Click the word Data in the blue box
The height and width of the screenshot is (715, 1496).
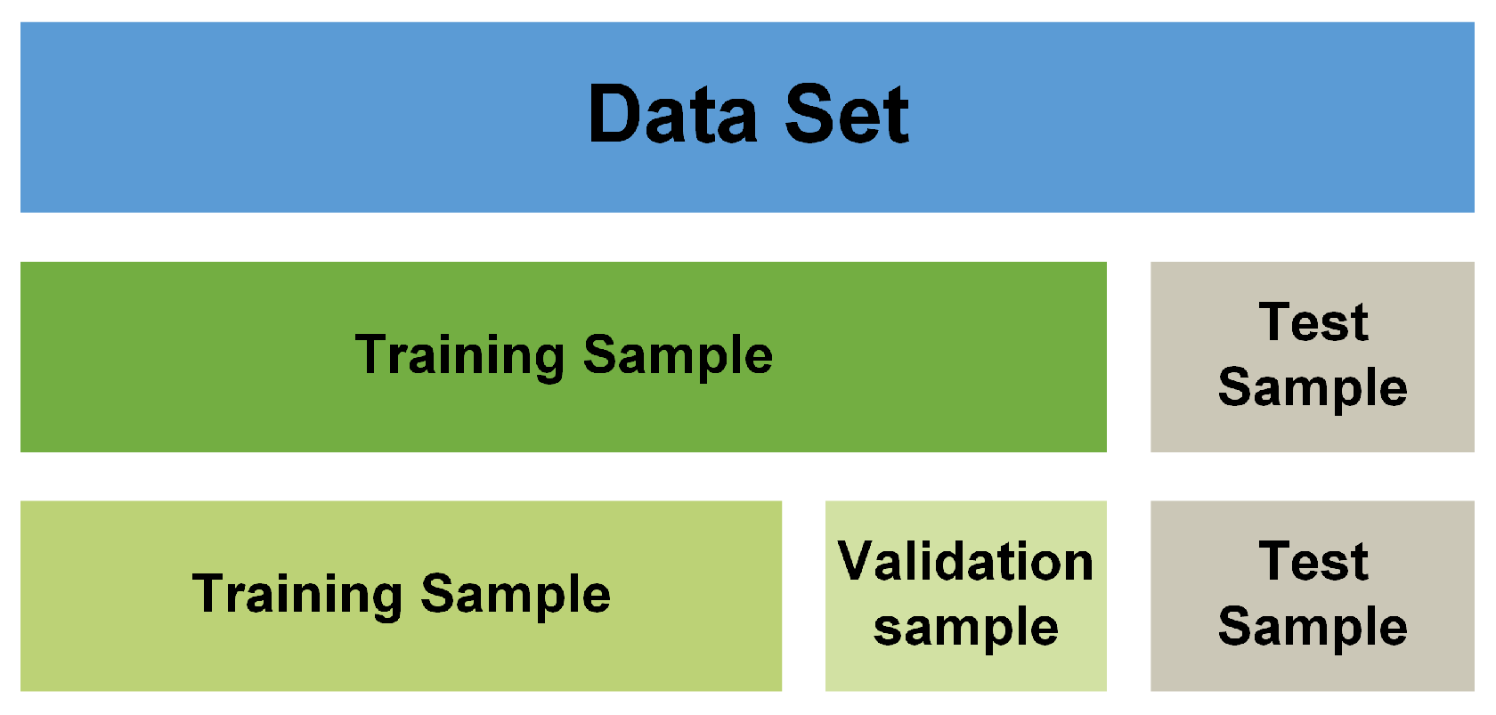point(672,114)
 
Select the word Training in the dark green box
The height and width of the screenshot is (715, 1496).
point(459,355)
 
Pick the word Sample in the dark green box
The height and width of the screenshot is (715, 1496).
point(678,355)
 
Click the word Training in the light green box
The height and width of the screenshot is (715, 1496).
point(297,594)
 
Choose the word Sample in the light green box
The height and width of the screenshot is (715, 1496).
point(516,594)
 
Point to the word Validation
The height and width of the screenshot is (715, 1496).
point(965,563)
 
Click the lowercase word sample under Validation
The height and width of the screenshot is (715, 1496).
point(966,628)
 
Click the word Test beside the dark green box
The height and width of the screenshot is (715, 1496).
point(1313,322)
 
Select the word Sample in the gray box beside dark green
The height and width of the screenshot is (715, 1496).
point(1313,388)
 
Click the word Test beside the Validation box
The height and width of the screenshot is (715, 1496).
point(1313,562)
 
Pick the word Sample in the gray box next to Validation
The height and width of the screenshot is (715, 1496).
point(1313,627)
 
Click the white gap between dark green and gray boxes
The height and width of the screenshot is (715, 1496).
point(1128,356)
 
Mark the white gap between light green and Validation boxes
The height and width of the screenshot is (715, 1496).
point(803,596)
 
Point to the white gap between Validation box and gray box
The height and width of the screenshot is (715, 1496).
point(1128,596)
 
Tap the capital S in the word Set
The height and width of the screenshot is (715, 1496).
point(809,114)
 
